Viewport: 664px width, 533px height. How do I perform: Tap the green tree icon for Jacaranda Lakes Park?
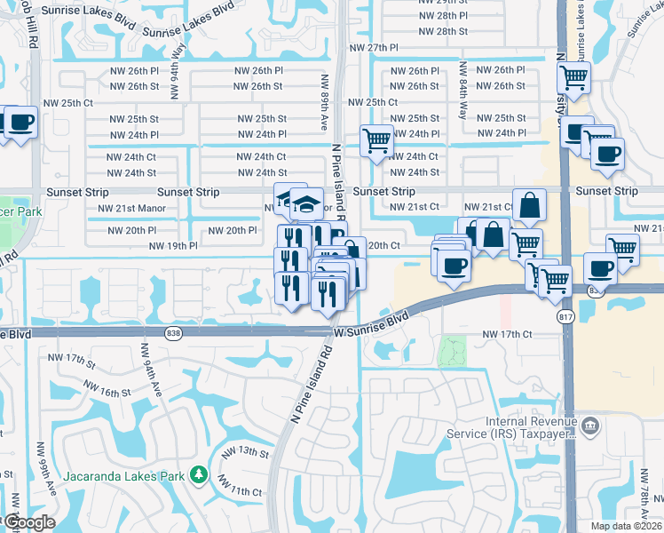(x=201, y=476)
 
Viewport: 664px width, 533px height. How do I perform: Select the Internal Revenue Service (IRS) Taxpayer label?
(x=530, y=428)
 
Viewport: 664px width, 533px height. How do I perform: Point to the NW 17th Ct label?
(x=506, y=334)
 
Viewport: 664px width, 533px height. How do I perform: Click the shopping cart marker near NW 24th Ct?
(x=376, y=140)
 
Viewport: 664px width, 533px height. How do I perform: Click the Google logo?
(x=28, y=522)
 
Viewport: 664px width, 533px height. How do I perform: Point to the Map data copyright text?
(x=627, y=526)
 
